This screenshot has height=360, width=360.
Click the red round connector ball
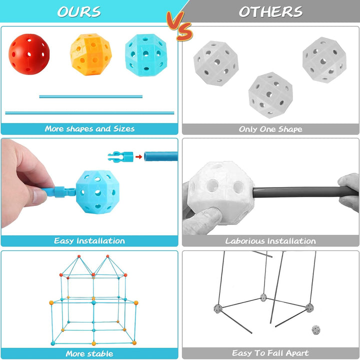click(x=29, y=54)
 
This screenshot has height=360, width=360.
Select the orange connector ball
click(x=91, y=54)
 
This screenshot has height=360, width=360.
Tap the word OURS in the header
click(x=79, y=11)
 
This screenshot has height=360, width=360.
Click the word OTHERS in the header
click(x=270, y=11)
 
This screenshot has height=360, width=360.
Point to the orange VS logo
click(x=180, y=26)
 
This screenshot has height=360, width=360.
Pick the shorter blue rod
click(x=90, y=96)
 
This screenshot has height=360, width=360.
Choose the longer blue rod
click(x=90, y=112)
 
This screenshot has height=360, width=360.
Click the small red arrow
click(x=138, y=157)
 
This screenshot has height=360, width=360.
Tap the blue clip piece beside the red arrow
click(x=120, y=157)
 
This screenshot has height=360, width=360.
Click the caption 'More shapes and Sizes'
click(x=90, y=128)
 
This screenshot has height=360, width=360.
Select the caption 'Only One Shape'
click(x=270, y=129)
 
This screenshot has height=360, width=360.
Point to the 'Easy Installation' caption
click(x=89, y=240)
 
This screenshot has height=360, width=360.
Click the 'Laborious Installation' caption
click(x=270, y=241)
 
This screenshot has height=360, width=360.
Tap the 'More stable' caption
click(x=89, y=353)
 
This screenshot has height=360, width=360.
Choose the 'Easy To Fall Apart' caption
click(x=270, y=352)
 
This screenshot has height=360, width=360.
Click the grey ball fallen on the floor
click(x=316, y=330)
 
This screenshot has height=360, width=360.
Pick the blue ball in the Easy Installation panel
click(x=98, y=192)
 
